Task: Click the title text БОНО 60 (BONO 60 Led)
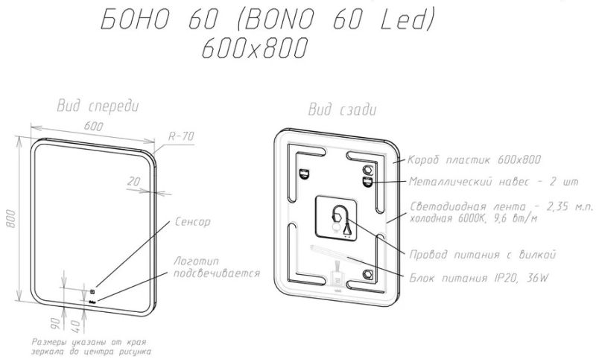264,22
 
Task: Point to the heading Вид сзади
342,109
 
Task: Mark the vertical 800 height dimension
11,216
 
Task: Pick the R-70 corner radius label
181,136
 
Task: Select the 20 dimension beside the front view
134,181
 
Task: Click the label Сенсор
193,222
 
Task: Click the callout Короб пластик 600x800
474,159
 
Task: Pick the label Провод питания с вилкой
484,255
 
